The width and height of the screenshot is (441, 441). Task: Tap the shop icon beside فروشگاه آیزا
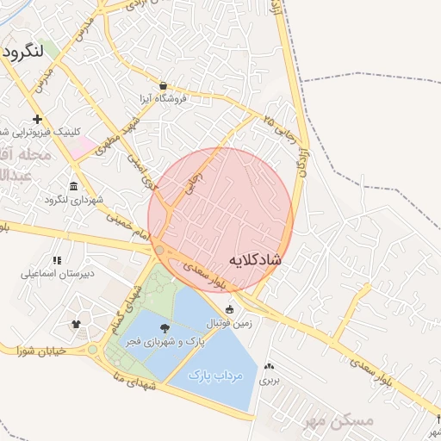163,86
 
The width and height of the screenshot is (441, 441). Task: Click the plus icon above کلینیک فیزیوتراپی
36,119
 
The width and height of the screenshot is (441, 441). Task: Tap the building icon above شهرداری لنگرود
73,187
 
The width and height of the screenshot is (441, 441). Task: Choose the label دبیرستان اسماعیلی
58,274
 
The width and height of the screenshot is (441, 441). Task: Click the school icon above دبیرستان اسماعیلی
57,260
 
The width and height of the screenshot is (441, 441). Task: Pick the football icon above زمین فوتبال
229,309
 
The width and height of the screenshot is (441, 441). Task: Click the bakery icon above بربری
270,366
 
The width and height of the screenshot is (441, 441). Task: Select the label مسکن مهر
339,421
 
